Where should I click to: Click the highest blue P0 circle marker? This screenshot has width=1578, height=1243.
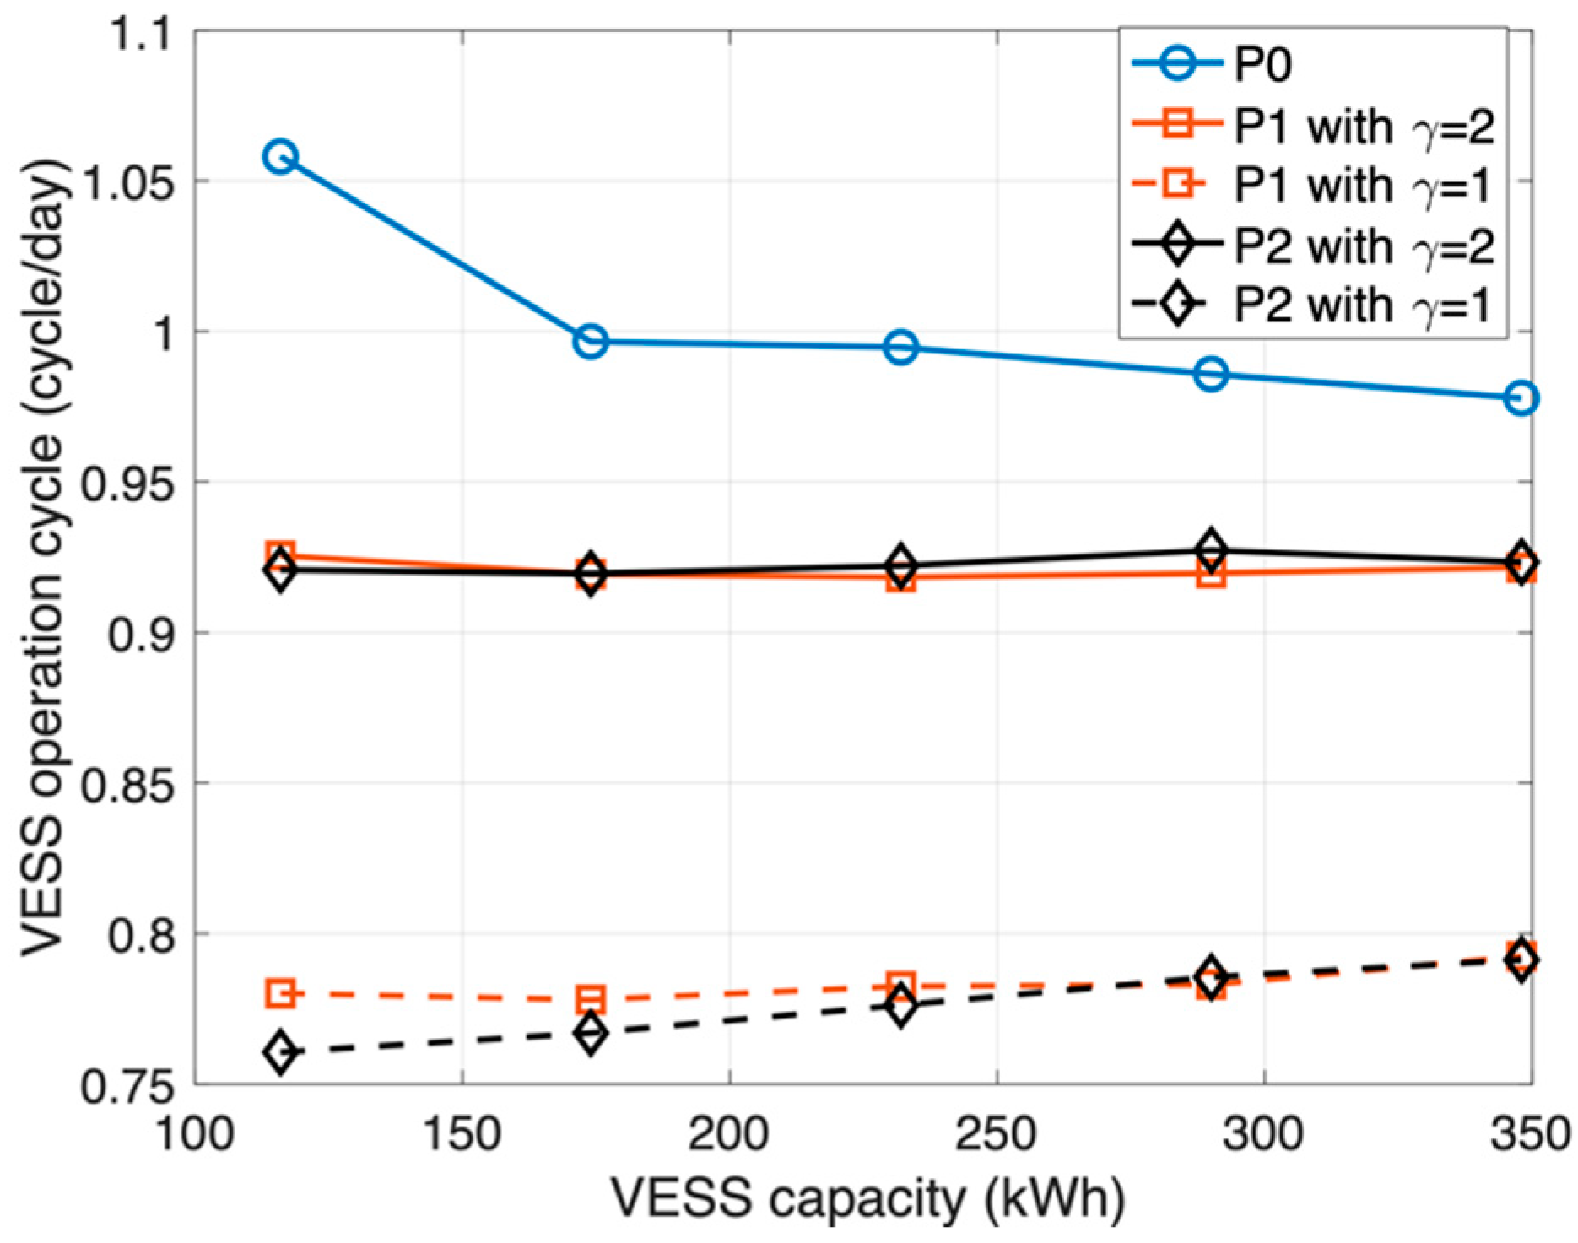pos(280,157)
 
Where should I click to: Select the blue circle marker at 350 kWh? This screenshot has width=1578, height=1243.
pos(1521,398)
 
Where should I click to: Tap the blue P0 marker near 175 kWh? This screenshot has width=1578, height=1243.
pos(591,342)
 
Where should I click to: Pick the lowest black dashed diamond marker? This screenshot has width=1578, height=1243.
pos(280,1052)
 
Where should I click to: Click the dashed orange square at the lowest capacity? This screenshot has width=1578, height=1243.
pos(280,993)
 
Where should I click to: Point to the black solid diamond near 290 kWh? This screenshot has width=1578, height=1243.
pos(1211,549)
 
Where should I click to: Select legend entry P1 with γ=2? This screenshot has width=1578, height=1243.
pos(1363,126)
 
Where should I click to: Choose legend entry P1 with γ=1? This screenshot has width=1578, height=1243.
pos(1363,185)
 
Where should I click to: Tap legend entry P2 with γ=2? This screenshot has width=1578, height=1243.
pos(1363,246)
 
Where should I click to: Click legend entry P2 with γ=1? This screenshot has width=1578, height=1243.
pos(1363,305)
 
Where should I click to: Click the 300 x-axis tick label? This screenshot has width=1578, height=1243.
pos(1263,1133)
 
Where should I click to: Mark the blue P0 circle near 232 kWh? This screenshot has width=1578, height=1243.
pos(901,347)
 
